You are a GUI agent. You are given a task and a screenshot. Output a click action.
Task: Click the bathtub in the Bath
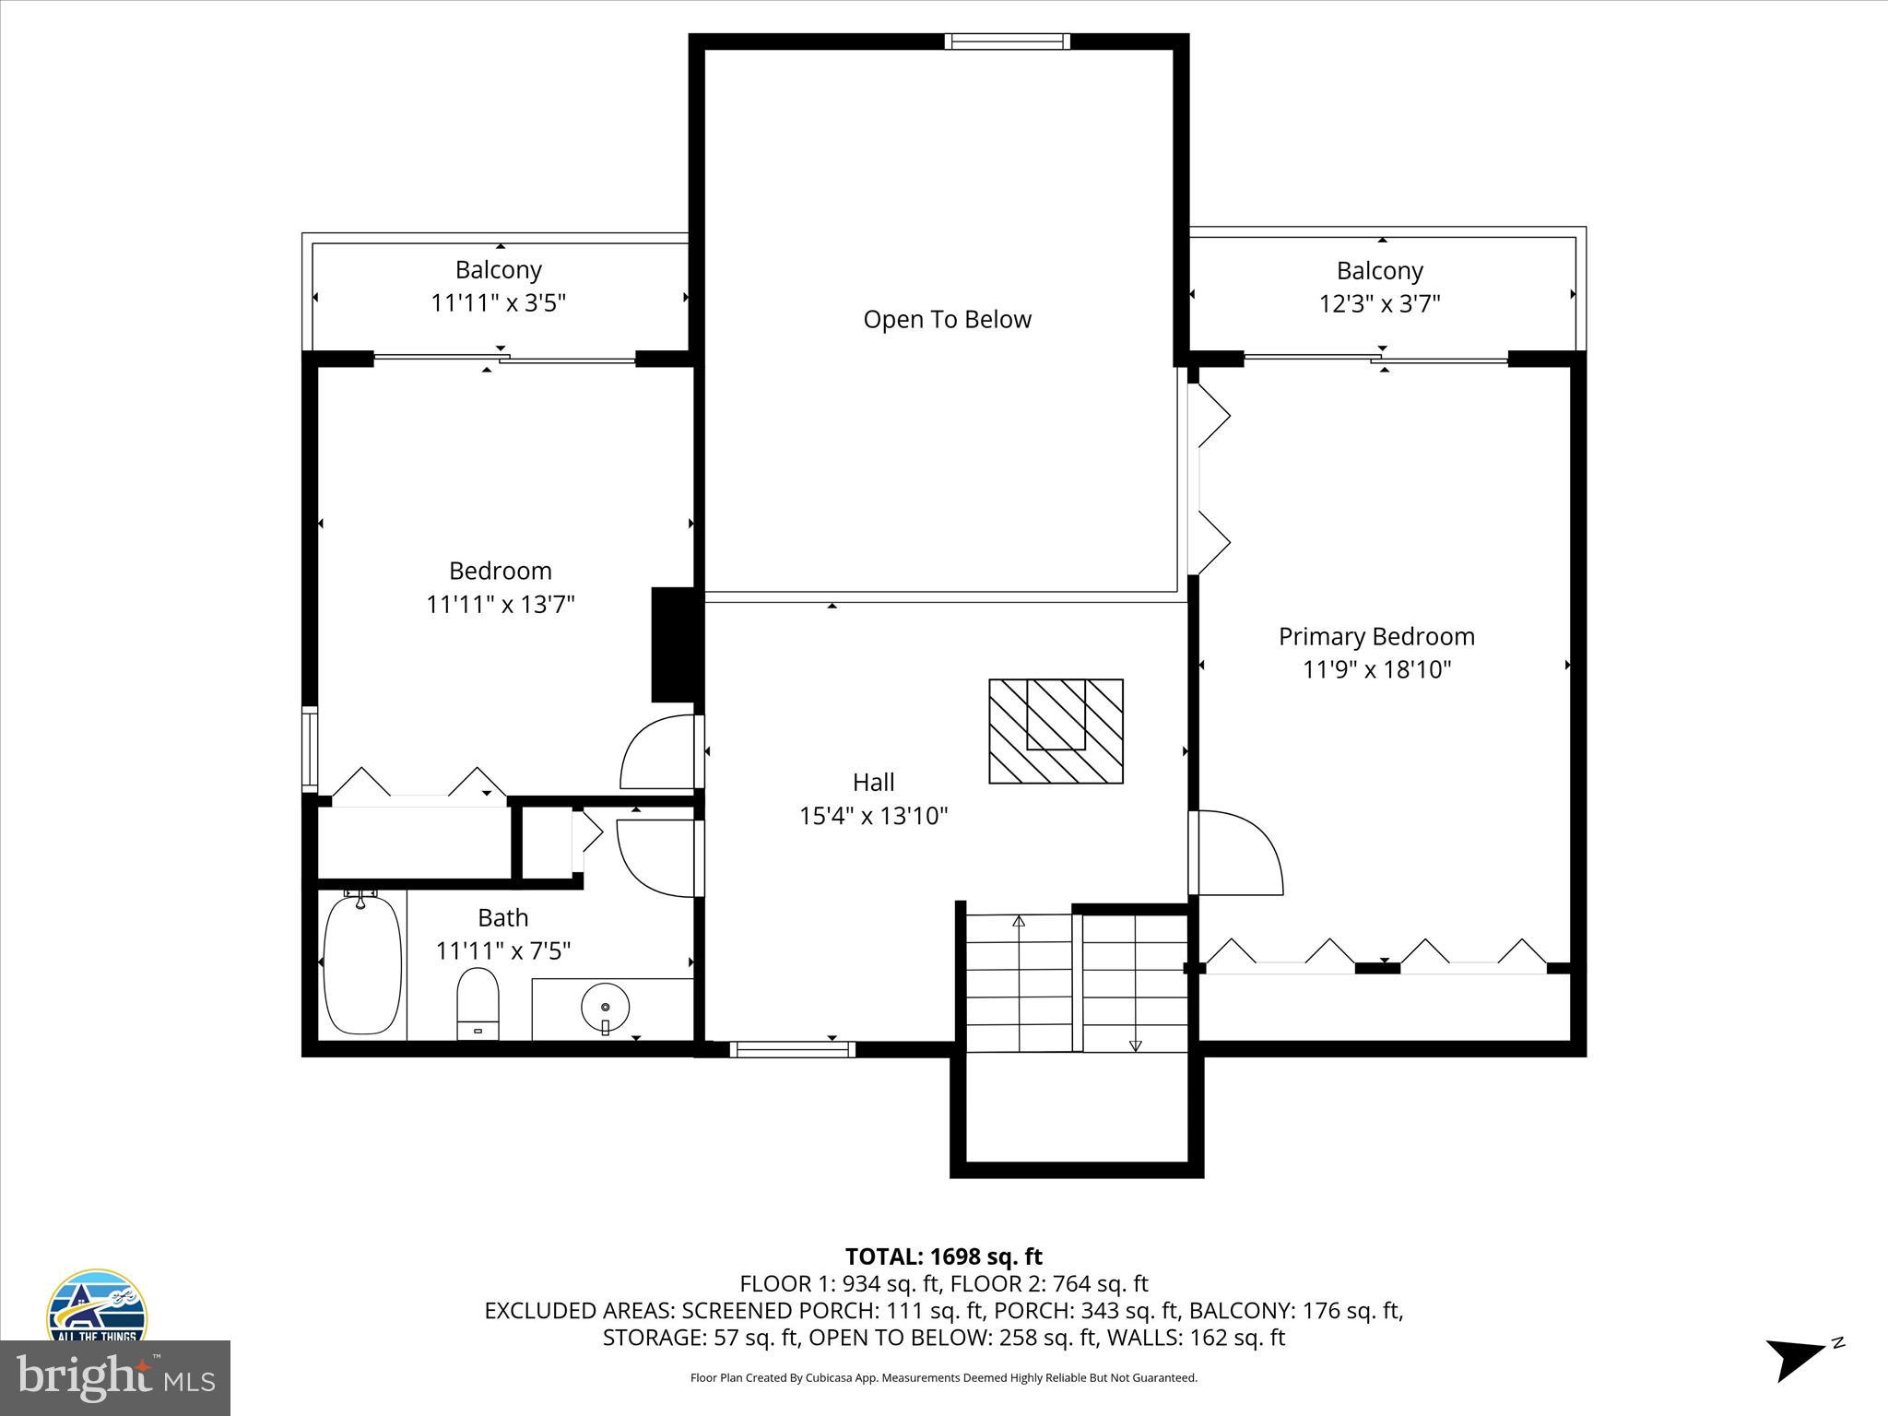point(363,963)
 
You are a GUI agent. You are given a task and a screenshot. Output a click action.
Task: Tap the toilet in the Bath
point(478,1003)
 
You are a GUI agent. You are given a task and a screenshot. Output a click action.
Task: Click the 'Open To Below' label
point(947,320)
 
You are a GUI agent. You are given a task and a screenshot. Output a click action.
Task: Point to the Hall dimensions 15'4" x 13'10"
point(873,816)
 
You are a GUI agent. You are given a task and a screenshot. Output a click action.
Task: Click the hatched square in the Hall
point(1056,731)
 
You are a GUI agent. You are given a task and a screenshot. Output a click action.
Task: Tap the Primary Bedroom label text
point(1376,636)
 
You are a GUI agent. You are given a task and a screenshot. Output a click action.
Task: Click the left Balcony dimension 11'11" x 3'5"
point(498,303)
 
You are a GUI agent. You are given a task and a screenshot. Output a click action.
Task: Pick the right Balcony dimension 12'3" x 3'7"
point(1379,303)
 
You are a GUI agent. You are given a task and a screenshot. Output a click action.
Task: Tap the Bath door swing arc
point(655,858)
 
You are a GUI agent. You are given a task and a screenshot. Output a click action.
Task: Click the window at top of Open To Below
point(1007,41)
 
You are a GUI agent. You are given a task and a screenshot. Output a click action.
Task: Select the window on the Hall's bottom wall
point(793,1049)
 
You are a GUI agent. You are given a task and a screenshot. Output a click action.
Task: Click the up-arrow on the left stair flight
point(1019,922)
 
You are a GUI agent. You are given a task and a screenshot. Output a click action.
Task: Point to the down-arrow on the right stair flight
point(1135,1044)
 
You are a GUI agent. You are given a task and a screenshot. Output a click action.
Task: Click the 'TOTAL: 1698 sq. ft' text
point(943,1257)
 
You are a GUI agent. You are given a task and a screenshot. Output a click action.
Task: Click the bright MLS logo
point(114,1377)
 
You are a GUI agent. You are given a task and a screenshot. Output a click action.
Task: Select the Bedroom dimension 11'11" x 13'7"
point(501,605)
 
